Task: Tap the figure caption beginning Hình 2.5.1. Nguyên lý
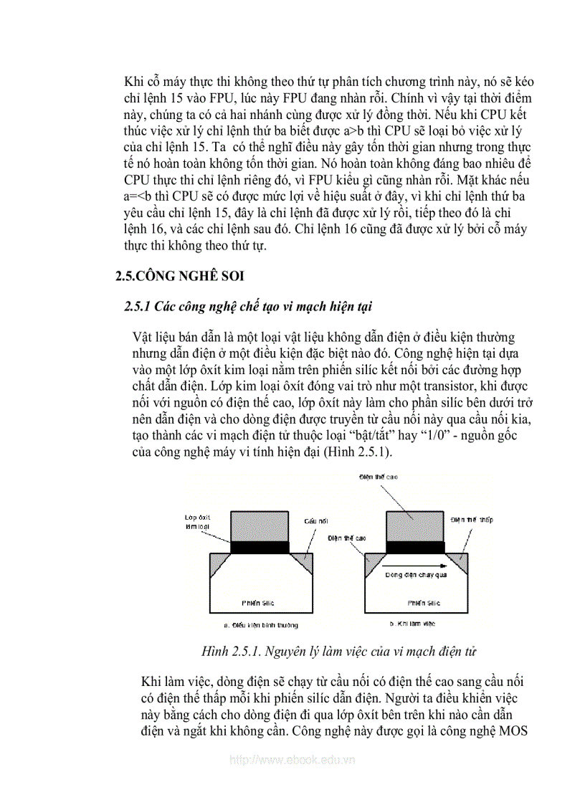[339, 652]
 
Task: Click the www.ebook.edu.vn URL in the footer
[292, 761]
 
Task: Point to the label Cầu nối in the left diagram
[315, 521]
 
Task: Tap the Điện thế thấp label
[472, 519]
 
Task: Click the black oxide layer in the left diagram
[260, 548]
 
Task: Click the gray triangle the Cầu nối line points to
[303, 563]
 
